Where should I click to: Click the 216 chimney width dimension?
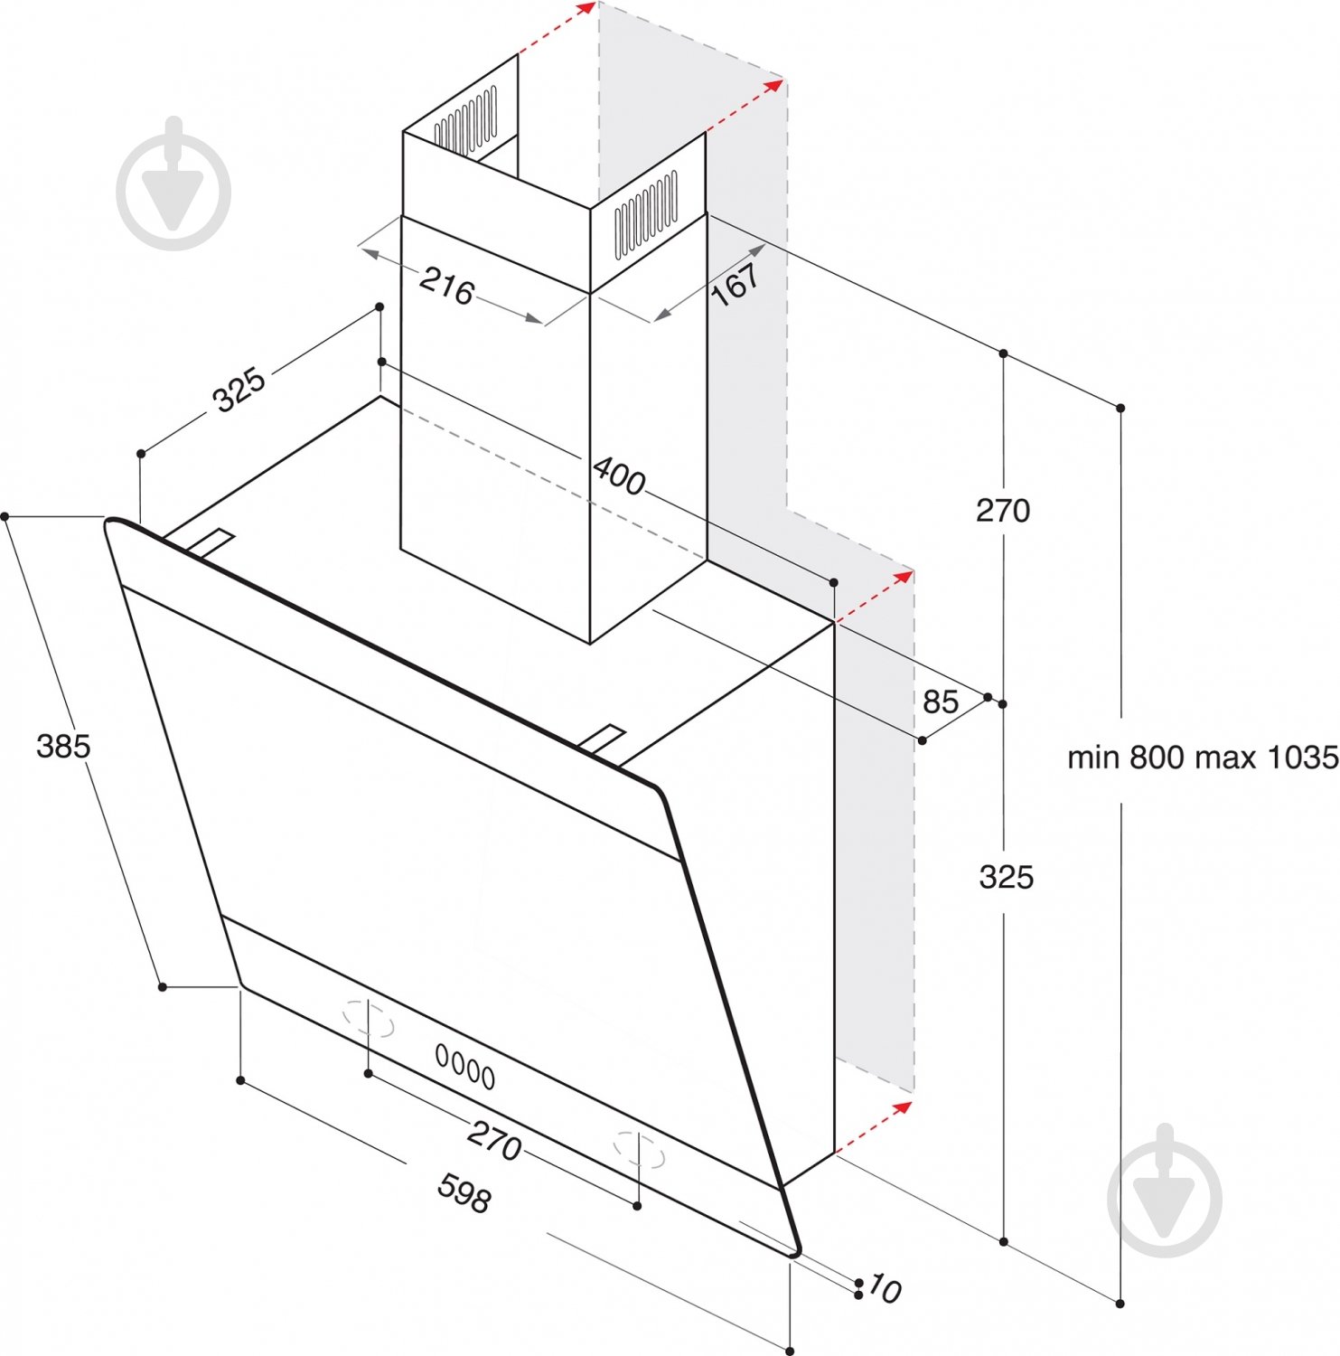[446, 286]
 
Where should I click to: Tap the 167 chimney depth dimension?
[736, 283]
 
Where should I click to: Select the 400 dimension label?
[619, 476]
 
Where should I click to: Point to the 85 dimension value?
[941, 701]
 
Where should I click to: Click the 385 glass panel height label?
[63, 746]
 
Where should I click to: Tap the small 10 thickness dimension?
[884, 1289]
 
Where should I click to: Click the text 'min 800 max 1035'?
[1203, 757]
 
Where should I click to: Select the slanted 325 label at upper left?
[239, 390]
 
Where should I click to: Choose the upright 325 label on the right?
[1007, 877]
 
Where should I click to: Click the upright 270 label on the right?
[1003, 511]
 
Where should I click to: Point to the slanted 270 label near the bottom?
[494, 1141]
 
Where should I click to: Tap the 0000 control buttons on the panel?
[465, 1067]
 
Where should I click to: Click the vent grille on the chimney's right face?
[646, 214]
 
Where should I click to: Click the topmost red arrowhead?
[587, 7]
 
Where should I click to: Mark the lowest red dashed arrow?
[874, 1127]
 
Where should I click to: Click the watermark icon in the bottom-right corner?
[1165, 1191]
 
